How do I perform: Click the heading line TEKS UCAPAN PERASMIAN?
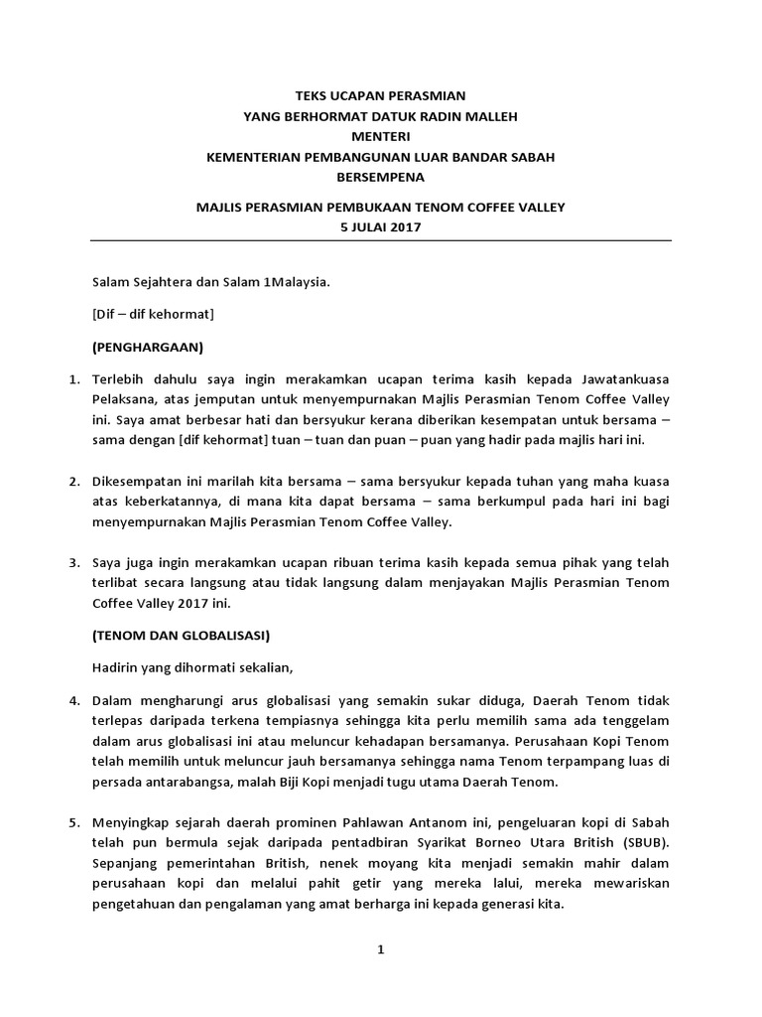(381, 95)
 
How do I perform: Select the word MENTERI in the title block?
(381, 136)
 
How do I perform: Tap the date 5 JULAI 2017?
(381, 227)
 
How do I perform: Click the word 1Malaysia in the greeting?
(295, 281)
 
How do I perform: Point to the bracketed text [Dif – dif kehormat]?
(153, 314)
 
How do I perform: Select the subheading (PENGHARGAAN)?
(147, 348)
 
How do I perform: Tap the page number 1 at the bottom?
(380, 949)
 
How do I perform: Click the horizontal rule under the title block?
(381, 241)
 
